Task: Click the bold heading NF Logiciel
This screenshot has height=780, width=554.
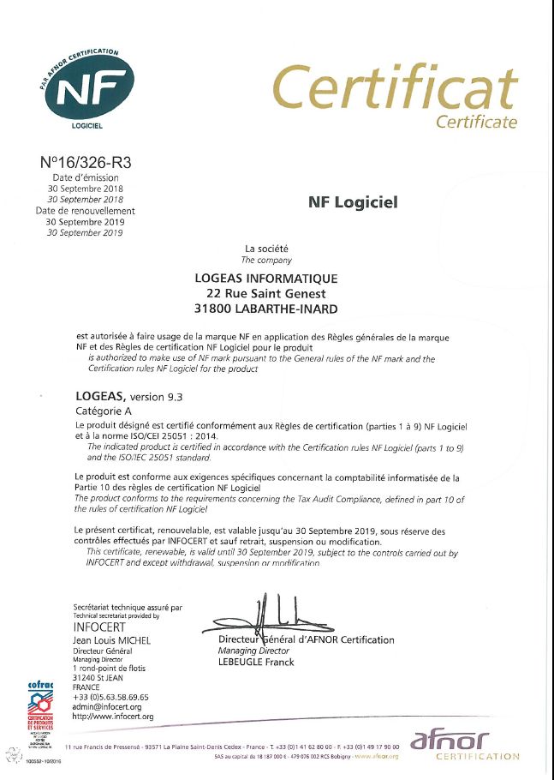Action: click(353, 203)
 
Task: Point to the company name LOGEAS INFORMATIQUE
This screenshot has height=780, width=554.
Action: click(266, 279)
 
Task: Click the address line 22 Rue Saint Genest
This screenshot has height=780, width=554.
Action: click(266, 294)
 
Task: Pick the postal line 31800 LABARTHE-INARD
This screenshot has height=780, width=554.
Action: click(266, 309)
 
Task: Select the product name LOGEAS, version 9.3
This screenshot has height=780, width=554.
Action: click(129, 397)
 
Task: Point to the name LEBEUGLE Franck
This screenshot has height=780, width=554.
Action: click(256, 662)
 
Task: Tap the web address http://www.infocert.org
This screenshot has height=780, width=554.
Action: click(113, 716)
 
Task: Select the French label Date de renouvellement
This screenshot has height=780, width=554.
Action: click(86, 210)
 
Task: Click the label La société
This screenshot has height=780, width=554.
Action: click(266, 249)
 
